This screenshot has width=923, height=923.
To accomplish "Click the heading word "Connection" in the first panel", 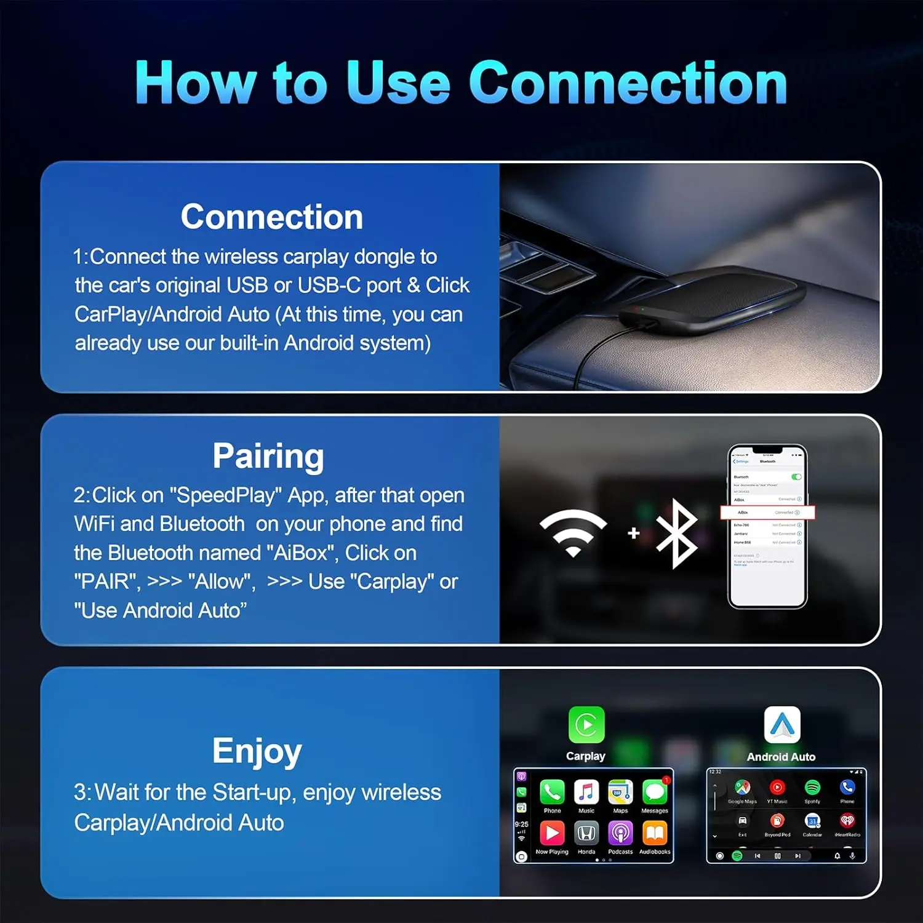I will (x=271, y=217).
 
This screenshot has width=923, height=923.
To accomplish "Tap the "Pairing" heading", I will (x=268, y=457).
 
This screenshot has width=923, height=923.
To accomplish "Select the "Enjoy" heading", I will (x=257, y=751).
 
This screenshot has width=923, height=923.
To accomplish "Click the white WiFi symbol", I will (x=573, y=532).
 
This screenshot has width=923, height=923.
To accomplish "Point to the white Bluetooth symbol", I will (x=677, y=533).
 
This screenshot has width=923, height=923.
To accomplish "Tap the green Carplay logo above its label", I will (x=586, y=725).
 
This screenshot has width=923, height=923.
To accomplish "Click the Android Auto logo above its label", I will (x=781, y=725).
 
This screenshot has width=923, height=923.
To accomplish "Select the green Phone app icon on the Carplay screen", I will (x=552, y=792).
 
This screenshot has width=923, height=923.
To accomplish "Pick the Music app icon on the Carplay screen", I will (x=586, y=792).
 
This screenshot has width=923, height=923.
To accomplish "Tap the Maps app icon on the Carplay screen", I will (x=620, y=792).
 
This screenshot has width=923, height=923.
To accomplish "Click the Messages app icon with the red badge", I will (x=655, y=792).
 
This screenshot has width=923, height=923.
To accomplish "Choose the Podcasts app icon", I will (x=620, y=833).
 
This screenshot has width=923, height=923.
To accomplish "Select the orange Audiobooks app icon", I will (x=655, y=833).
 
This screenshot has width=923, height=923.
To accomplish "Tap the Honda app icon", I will (x=586, y=833).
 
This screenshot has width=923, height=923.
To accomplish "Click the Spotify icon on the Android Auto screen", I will (x=812, y=787).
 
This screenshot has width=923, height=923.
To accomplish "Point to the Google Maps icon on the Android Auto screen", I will (x=743, y=787).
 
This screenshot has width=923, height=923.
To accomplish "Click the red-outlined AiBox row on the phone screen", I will (x=767, y=512).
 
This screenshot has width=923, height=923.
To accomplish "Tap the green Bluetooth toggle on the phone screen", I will (x=796, y=477).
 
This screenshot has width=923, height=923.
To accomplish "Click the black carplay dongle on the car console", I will (x=714, y=298).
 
